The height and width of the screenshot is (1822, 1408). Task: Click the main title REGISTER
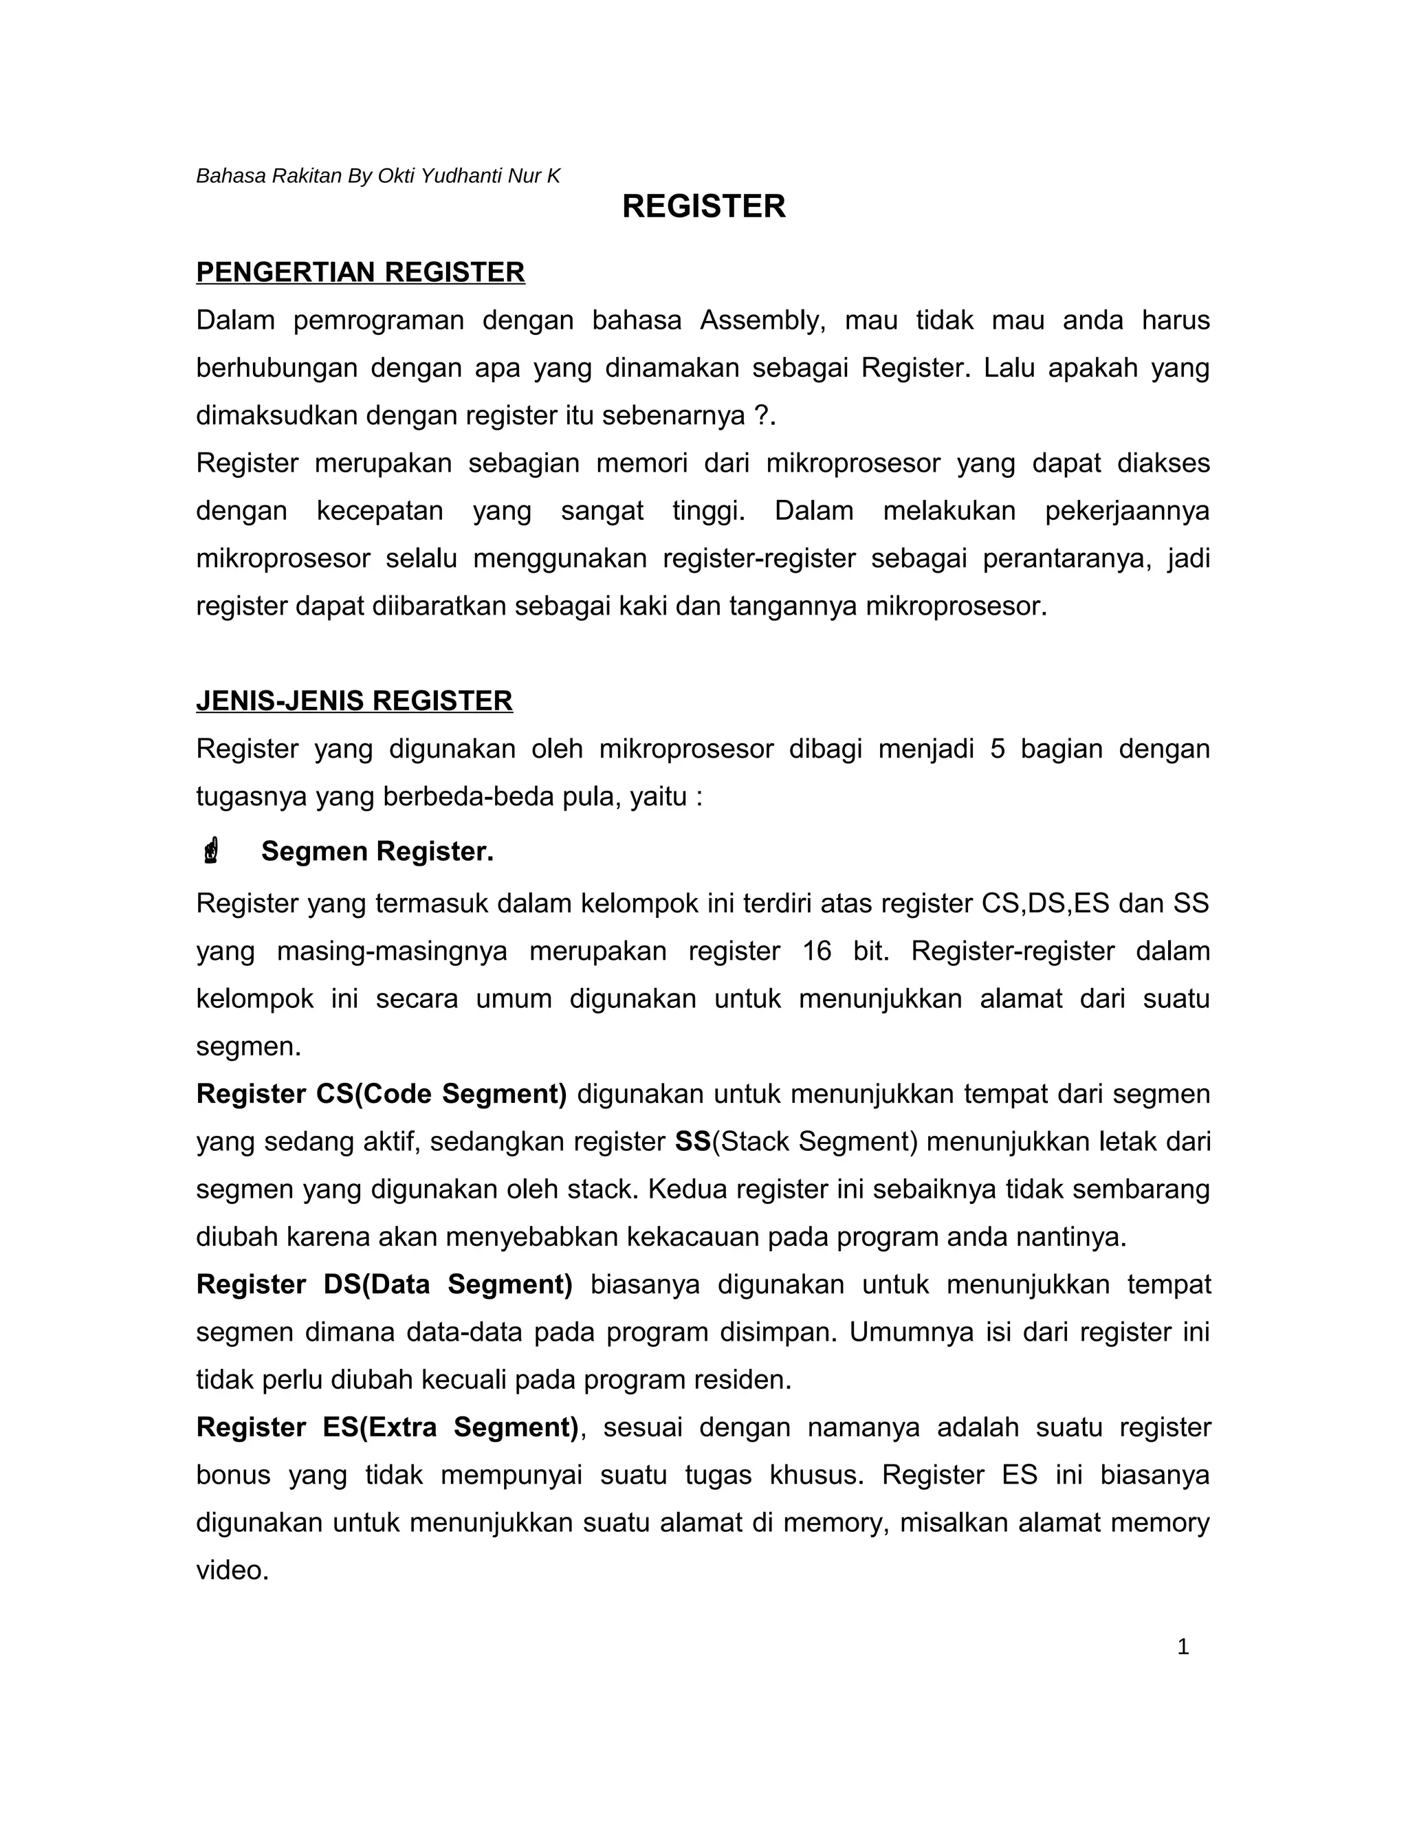[x=703, y=207]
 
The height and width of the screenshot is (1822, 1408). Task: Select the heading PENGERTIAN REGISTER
[x=360, y=272]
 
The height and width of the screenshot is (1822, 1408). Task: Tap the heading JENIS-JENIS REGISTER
[x=355, y=701]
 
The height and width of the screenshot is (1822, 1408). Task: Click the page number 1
[x=1182, y=1647]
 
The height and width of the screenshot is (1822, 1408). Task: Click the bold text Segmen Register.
[x=377, y=851]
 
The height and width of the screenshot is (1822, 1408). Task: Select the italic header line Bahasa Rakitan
[x=378, y=176]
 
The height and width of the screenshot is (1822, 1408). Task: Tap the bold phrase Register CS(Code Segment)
[x=381, y=1094]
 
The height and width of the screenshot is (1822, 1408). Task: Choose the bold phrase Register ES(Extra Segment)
[x=387, y=1427]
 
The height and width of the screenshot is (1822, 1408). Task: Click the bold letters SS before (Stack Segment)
[x=692, y=1141]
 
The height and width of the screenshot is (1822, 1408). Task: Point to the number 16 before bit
[x=817, y=951]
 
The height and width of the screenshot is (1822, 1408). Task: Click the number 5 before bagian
[x=998, y=749]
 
